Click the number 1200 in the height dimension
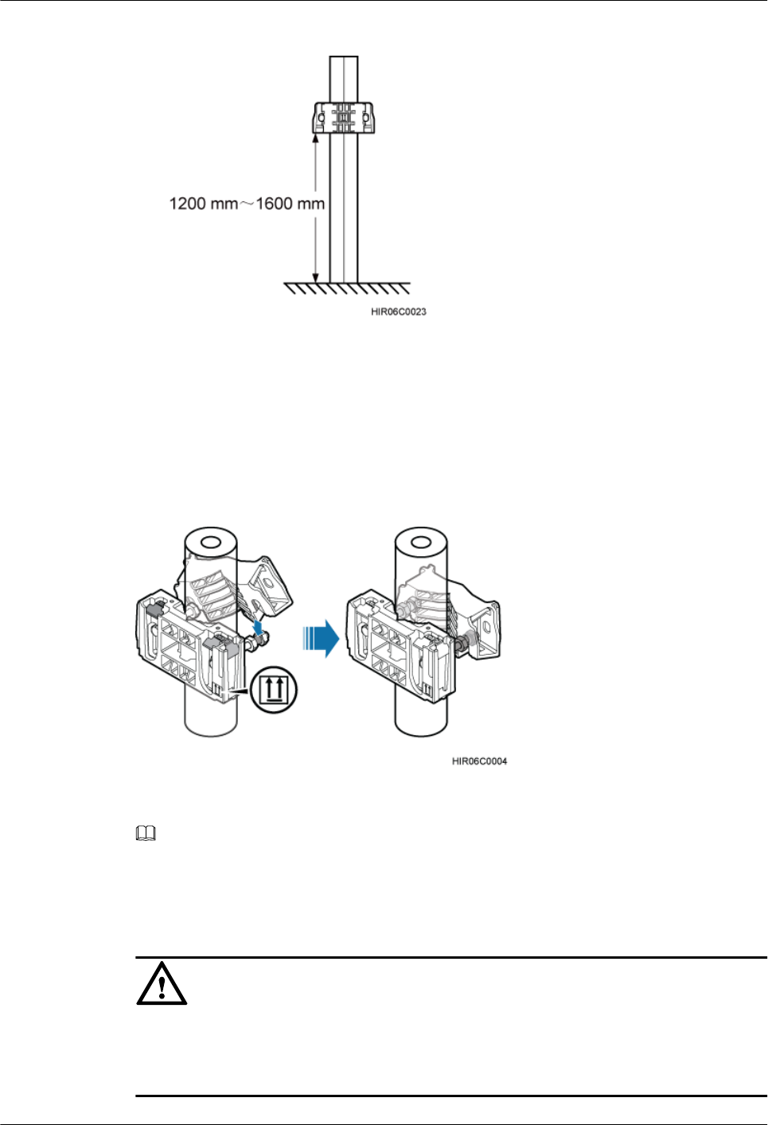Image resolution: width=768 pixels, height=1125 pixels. [187, 204]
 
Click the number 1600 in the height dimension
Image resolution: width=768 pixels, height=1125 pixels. [274, 204]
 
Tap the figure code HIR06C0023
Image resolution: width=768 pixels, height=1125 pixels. [399, 312]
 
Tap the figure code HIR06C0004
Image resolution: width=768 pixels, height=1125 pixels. [479, 761]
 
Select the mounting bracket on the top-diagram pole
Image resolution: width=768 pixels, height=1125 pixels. [344, 118]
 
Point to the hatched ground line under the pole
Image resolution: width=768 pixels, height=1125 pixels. [348, 288]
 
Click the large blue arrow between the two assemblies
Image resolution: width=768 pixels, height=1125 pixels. [322, 639]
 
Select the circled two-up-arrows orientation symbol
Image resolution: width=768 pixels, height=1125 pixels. [274, 690]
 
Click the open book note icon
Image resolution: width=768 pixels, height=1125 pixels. [146, 834]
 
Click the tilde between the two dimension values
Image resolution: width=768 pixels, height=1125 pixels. [247, 204]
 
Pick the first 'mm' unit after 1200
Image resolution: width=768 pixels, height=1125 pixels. [224, 204]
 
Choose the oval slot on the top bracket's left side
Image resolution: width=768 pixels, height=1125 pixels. [321, 119]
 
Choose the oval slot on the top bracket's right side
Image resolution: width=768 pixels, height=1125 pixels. [366, 119]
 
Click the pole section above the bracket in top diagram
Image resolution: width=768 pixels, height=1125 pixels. [344, 78]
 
